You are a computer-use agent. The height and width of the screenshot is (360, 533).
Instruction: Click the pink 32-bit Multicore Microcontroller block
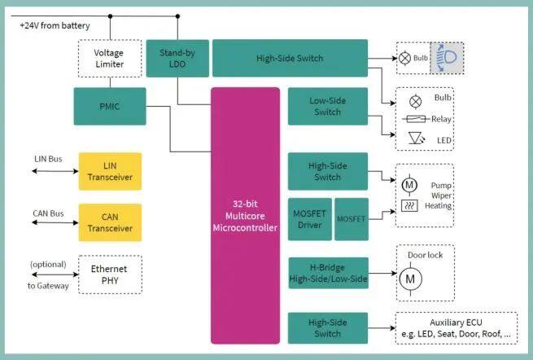pyautogui.click(x=245, y=215)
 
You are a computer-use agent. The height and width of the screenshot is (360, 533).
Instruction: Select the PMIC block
pyautogui.click(x=110, y=106)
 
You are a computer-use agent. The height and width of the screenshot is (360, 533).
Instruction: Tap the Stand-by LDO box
pyautogui.click(x=176, y=58)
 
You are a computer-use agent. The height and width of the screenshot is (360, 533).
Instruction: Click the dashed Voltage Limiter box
pyautogui.click(x=109, y=58)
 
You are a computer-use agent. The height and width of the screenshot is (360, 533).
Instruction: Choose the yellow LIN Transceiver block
pyautogui.click(x=110, y=172)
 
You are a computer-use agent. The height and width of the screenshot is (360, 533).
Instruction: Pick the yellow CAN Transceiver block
pyautogui.click(x=110, y=222)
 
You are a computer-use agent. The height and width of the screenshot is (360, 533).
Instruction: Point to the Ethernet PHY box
pyautogui.click(x=110, y=274)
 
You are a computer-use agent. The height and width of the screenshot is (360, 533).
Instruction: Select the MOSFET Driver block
pyautogui.click(x=309, y=218)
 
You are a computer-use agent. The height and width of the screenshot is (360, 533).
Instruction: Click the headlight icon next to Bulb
pyautogui.click(x=446, y=59)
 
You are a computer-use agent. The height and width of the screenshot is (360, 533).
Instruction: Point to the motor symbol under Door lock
pyautogui.click(x=409, y=279)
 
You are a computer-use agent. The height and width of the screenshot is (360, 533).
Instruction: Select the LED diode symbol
pyautogui.click(x=416, y=139)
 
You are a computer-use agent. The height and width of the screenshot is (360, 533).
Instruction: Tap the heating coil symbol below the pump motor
pyautogui.click(x=409, y=205)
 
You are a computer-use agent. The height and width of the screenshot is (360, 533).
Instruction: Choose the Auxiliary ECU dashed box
pyautogui.click(x=456, y=327)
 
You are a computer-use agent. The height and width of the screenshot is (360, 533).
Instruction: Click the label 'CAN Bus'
pyautogui.click(x=50, y=213)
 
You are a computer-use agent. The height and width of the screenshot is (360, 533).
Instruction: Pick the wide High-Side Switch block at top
pyautogui.click(x=289, y=59)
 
